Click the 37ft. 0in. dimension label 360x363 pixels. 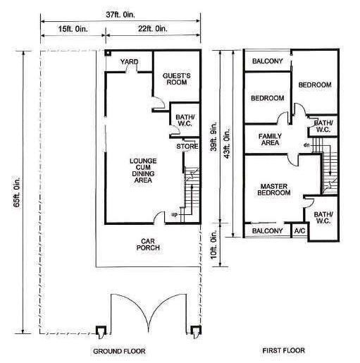click(x=120, y=15)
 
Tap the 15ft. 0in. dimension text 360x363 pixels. click(x=73, y=29)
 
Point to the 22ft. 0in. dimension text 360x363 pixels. click(x=153, y=29)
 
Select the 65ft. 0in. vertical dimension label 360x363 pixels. click(x=17, y=192)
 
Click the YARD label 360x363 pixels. click(x=130, y=62)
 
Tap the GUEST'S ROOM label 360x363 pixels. click(x=177, y=79)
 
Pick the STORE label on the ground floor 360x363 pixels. click(x=187, y=147)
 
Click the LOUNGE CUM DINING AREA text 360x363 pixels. click(x=143, y=171)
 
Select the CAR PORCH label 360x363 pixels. click(x=148, y=245)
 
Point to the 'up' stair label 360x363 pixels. click(x=174, y=214)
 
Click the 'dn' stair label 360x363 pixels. click(x=306, y=145)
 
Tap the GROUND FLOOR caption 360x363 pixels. click(x=119, y=351)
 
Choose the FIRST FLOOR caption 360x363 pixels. click(x=284, y=350)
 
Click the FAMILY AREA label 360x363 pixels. click(x=270, y=140)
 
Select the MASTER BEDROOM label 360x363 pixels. click(x=274, y=190)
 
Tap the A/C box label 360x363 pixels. click(x=299, y=231)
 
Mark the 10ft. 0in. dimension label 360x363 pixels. click(x=213, y=245)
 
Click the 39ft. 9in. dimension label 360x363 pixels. click(x=213, y=136)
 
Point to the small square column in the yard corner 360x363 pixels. click(x=108, y=53)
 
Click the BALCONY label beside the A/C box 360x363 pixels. click(x=268, y=231)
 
